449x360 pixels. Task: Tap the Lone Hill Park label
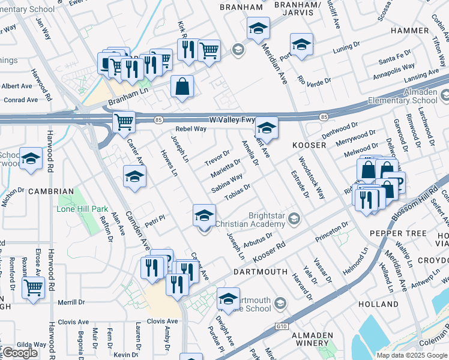click(82, 209)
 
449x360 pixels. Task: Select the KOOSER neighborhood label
click(309, 146)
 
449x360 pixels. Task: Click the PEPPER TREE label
click(398, 233)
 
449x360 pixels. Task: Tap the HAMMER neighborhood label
click(409, 30)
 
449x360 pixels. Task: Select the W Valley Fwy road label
click(232, 119)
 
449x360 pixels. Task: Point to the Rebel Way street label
click(191, 129)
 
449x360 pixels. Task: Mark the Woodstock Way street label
click(312, 178)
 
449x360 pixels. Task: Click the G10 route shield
click(282, 326)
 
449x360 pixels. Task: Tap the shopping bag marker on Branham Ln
click(182, 86)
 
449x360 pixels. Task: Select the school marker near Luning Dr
click(301, 44)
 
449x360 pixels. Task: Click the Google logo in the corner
click(20, 353)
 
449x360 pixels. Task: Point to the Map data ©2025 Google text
click(412, 355)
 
